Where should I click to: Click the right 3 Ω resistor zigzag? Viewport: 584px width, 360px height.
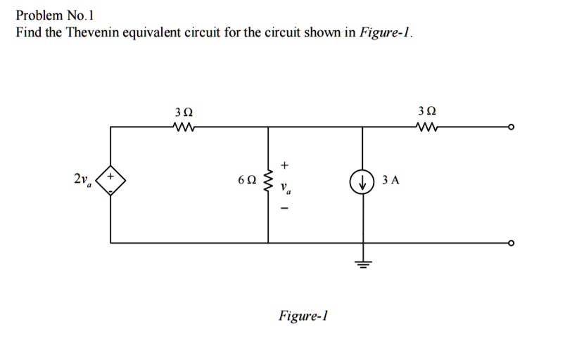[426, 127]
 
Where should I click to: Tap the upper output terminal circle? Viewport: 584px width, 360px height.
[512, 127]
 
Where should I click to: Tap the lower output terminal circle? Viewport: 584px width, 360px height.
[512, 243]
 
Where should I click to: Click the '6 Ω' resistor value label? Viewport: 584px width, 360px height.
[246, 181]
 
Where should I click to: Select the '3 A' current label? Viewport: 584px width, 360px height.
[391, 181]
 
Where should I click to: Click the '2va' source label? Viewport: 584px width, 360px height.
[82, 181]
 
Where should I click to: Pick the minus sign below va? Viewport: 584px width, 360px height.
[284, 209]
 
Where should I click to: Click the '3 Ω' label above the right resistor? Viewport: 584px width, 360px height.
[426, 112]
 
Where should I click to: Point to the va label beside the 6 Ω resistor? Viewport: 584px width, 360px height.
[286, 189]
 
